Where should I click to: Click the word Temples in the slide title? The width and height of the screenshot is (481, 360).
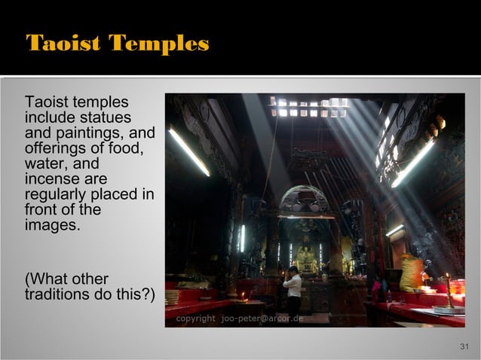tap(158, 44)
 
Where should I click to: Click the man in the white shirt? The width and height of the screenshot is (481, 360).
tap(293, 289)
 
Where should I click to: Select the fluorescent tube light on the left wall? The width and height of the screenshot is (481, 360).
tap(188, 151)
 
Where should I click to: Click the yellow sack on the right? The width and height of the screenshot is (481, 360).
tap(411, 273)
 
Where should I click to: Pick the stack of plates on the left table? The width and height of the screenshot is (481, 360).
tap(173, 297)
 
